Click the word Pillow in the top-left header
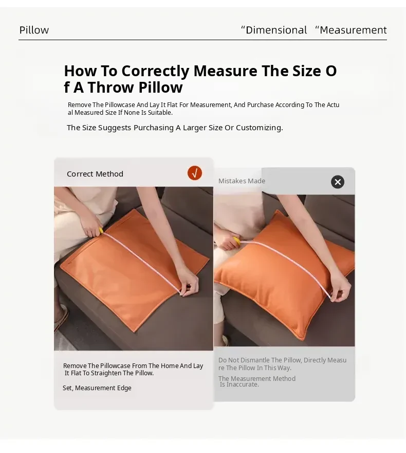pos(34,30)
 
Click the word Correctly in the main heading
pos(155,71)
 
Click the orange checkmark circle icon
pos(195,173)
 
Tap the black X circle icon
pos(338,182)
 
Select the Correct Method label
pos(95,174)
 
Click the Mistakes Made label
pos(242,181)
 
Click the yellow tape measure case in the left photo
pos(101,231)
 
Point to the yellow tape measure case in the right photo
pos(236,240)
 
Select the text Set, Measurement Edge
pos(97,388)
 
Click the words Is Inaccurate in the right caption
pos(239,385)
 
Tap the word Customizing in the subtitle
pos(259,128)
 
